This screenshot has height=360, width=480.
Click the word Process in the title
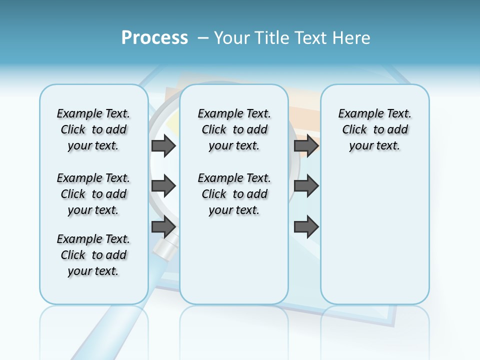[x=154, y=37]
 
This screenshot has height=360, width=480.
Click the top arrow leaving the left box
[x=163, y=145]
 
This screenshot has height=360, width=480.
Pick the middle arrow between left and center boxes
[x=163, y=186]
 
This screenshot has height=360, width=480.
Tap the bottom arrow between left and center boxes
[x=163, y=227]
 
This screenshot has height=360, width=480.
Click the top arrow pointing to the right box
[x=306, y=145]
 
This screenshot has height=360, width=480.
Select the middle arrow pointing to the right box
[x=306, y=186]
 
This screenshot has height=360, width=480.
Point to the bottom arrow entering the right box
[x=306, y=227]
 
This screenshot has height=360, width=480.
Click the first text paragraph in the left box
[x=93, y=129]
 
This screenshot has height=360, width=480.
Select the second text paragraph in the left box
[x=93, y=194]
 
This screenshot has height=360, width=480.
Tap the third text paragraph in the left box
[x=93, y=255]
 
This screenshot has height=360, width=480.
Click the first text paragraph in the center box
[x=234, y=129]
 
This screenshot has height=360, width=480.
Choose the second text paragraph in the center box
[x=234, y=194]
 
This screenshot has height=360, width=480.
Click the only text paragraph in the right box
[x=375, y=129]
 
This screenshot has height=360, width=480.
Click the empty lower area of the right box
[x=375, y=235]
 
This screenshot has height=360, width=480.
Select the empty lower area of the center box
[x=234, y=260]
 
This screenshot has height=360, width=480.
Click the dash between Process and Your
[x=203, y=38]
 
